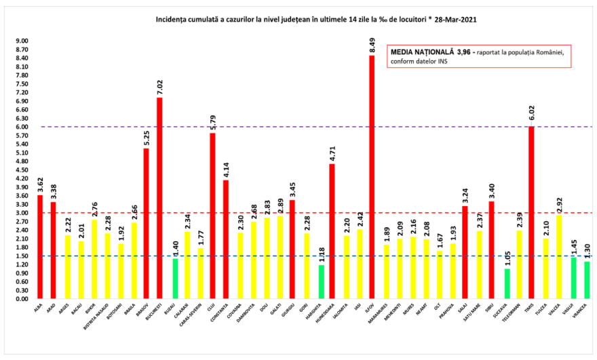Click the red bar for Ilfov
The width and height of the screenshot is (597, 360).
(372, 177)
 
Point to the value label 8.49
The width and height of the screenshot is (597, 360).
(372, 45)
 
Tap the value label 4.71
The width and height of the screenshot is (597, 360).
(332, 153)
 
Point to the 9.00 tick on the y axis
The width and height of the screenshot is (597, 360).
(21, 41)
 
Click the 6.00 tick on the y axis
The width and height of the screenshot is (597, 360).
(21, 127)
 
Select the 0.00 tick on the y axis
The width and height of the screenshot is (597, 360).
(21, 299)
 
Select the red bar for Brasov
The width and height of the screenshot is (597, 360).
(147, 224)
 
